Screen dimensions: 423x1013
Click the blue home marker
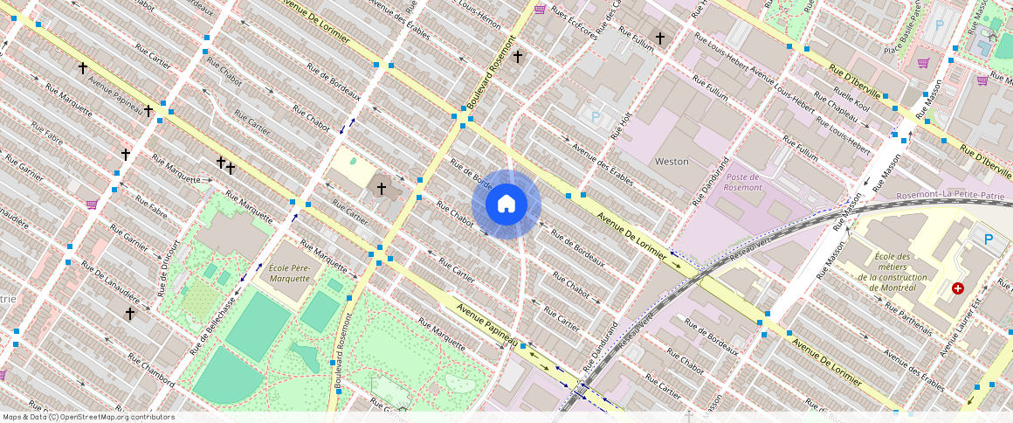[x=507, y=205]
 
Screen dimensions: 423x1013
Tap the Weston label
[x=672, y=162]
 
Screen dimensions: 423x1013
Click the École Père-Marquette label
[x=289, y=273]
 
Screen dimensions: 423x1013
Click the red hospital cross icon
[x=958, y=288]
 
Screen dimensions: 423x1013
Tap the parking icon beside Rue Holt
[x=596, y=116]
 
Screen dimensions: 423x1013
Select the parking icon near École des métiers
[x=989, y=239]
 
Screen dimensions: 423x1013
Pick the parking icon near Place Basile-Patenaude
[x=940, y=25]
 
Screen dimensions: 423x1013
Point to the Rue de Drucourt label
[x=167, y=267]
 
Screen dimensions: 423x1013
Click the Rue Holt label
[x=621, y=128]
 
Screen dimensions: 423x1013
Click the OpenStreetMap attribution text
[x=88, y=417]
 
